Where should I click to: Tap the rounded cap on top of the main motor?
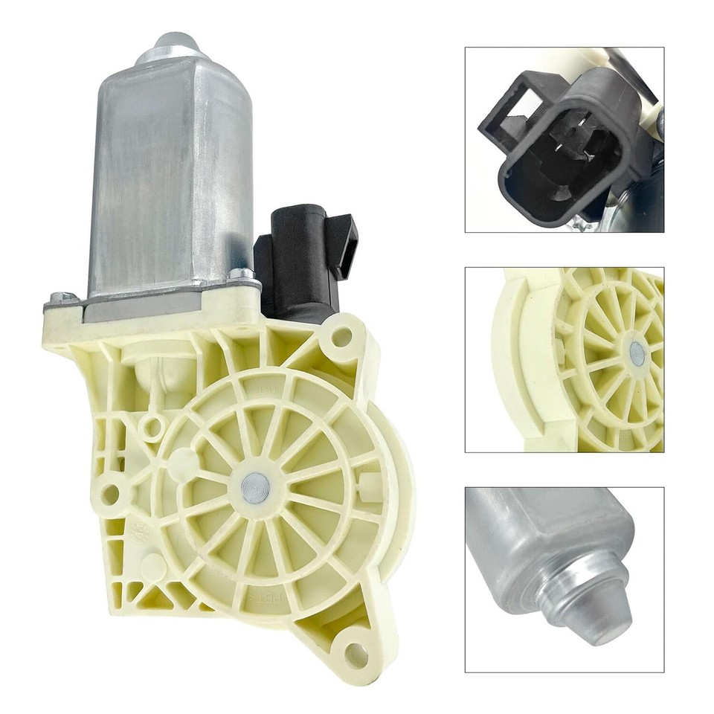(x=169, y=45)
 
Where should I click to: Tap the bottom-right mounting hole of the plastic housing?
(x=356, y=654)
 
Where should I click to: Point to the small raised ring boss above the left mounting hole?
(x=152, y=427)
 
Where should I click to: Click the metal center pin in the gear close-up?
(x=637, y=353)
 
